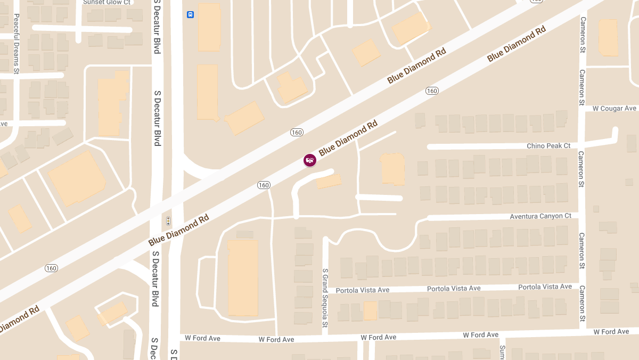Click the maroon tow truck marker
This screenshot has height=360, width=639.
tap(309, 160)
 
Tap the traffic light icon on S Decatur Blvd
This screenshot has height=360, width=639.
tap(168, 220)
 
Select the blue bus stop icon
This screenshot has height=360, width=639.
tap(190, 14)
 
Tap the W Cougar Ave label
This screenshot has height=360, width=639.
tap(614, 109)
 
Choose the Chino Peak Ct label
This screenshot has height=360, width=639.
tap(548, 146)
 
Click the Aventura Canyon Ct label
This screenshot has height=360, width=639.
tap(540, 216)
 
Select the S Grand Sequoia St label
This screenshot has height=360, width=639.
tap(324, 298)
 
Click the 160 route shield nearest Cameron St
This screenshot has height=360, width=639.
tap(432, 91)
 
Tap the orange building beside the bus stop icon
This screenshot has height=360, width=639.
tap(209, 27)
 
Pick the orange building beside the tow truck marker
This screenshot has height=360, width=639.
tap(329, 182)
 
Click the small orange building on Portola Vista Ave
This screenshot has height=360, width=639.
tap(370, 310)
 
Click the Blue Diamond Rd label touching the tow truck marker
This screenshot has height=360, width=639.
tap(348, 138)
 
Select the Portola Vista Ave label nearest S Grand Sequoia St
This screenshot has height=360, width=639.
tap(363, 290)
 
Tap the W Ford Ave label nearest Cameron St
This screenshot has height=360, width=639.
tap(611, 332)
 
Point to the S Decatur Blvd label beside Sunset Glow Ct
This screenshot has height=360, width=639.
tap(157, 27)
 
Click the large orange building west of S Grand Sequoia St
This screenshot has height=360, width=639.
tap(243, 277)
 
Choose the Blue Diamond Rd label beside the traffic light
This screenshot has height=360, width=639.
tap(178, 230)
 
